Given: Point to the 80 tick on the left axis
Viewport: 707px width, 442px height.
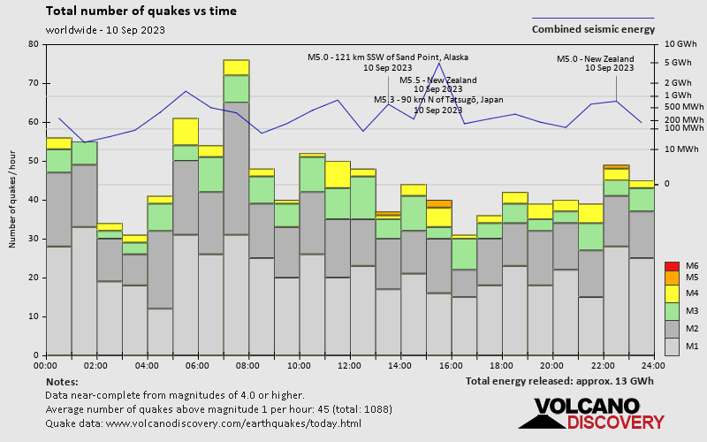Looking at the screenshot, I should tap(34, 44).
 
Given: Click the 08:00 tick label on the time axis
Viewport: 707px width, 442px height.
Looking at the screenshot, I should tap(248, 364).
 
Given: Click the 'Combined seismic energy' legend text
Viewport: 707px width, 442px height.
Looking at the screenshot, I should tap(593, 29).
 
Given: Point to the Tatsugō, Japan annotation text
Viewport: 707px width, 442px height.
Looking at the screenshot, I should tap(438, 100).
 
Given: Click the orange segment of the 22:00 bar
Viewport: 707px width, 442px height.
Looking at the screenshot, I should tap(616, 166).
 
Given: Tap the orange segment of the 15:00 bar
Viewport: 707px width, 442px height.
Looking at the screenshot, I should tap(439, 203).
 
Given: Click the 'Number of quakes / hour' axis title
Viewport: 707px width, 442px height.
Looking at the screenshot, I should tap(13, 199).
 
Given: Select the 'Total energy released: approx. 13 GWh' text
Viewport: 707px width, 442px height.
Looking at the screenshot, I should tap(560, 381).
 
